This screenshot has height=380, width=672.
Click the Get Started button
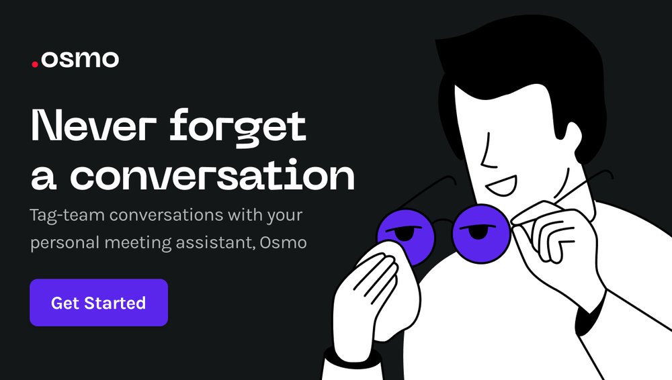pos(99,303)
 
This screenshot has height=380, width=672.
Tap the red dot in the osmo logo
pos(35,64)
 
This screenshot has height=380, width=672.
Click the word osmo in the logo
pos(80,59)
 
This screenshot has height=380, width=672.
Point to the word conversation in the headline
pos(212,175)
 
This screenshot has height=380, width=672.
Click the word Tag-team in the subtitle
pos(67,215)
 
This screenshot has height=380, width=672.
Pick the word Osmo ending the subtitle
pos(283,242)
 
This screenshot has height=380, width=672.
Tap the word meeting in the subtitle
pos(138,243)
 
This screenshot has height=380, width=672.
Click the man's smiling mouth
pos(502,185)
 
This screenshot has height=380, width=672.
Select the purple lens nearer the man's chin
pos(481,234)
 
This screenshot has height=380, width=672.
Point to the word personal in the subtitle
pos(65,243)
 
